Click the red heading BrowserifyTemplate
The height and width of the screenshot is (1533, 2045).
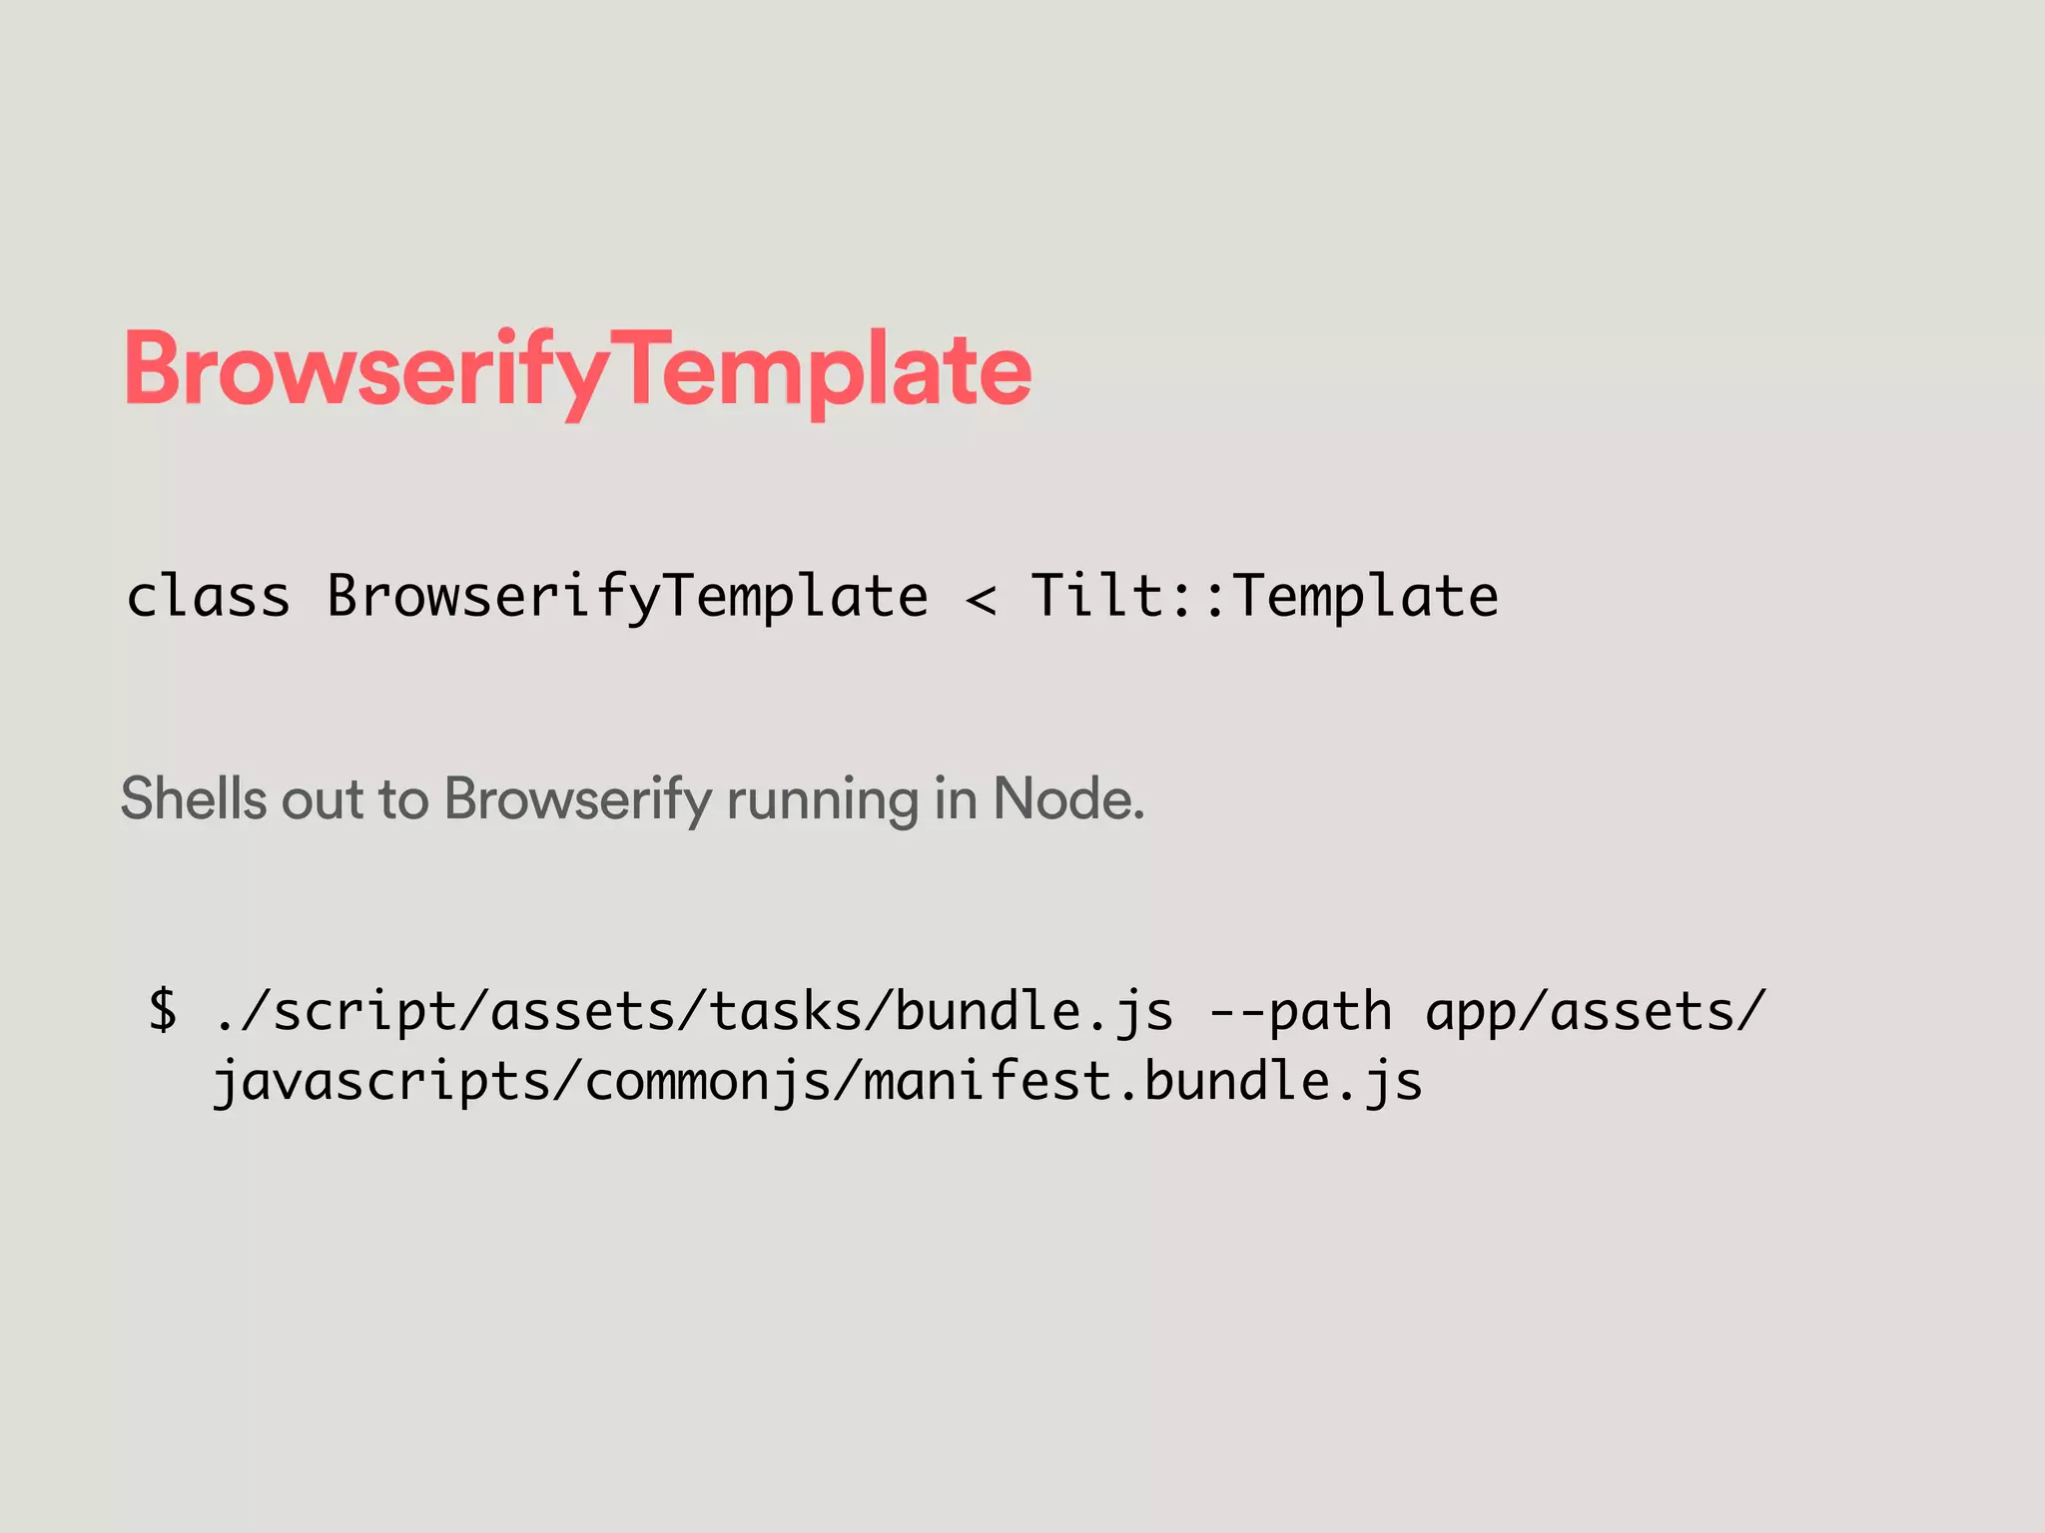577,371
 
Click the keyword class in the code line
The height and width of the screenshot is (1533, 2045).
208,597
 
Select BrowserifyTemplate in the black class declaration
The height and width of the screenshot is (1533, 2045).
627,597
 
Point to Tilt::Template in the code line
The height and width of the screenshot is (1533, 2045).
1264,597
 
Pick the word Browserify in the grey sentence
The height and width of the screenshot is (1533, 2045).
577,800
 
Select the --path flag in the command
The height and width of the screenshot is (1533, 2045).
1300,1012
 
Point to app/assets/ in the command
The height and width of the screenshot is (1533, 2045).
1596,1012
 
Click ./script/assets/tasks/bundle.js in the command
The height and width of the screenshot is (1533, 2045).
694,1012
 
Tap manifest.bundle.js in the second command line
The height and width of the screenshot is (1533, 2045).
1142,1082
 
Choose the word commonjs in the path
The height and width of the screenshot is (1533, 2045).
707,1082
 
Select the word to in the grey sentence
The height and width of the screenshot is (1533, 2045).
403,800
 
